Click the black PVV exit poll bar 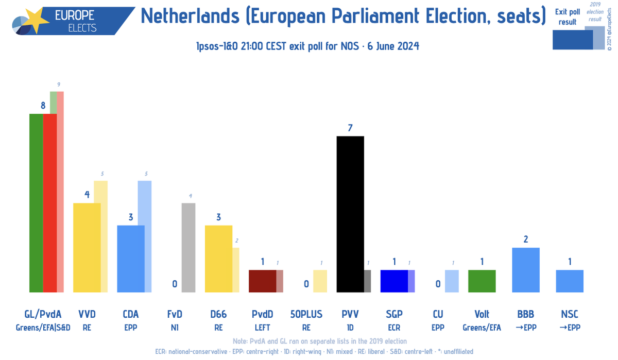click(350, 214)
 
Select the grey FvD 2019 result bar click(188, 247)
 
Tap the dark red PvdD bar click(262, 281)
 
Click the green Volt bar click(482, 281)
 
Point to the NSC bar click(570, 281)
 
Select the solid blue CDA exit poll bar click(131, 259)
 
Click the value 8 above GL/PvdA click(43, 106)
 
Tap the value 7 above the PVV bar click(350, 128)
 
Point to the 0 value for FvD click(175, 284)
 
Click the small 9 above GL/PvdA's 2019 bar click(59, 84)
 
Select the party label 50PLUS click(306, 314)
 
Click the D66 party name click(218, 314)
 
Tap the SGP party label click(394, 314)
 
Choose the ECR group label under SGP click(394, 327)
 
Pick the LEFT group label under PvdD click(262, 327)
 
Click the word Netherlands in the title click(189, 16)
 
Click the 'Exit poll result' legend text click(568, 16)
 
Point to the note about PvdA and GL click(319, 341)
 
